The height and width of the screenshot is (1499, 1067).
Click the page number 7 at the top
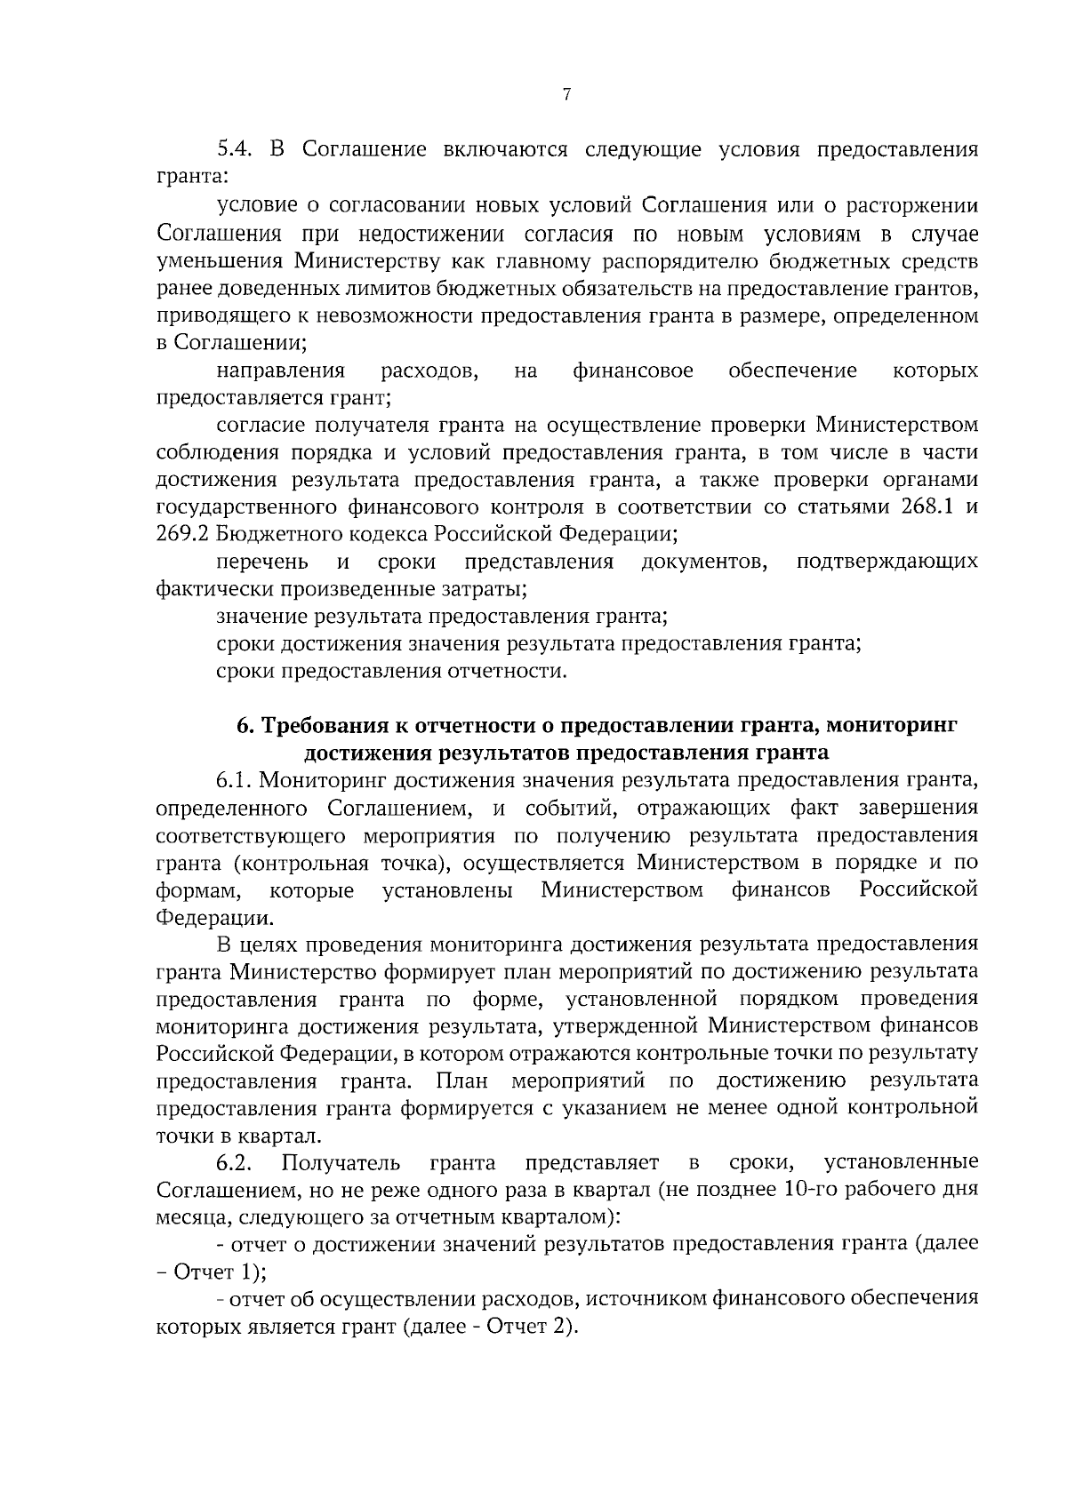(566, 95)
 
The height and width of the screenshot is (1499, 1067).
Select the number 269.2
(183, 535)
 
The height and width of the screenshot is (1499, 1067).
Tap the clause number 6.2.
(237, 1163)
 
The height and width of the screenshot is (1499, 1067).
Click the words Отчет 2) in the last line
(533, 1328)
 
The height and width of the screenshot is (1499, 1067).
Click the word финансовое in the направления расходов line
(633, 371)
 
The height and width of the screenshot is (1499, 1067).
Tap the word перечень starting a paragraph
(262, 562)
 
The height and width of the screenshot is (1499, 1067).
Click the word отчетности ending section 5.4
(515, 671)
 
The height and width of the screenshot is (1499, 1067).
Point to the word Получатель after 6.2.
(341, 1163)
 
